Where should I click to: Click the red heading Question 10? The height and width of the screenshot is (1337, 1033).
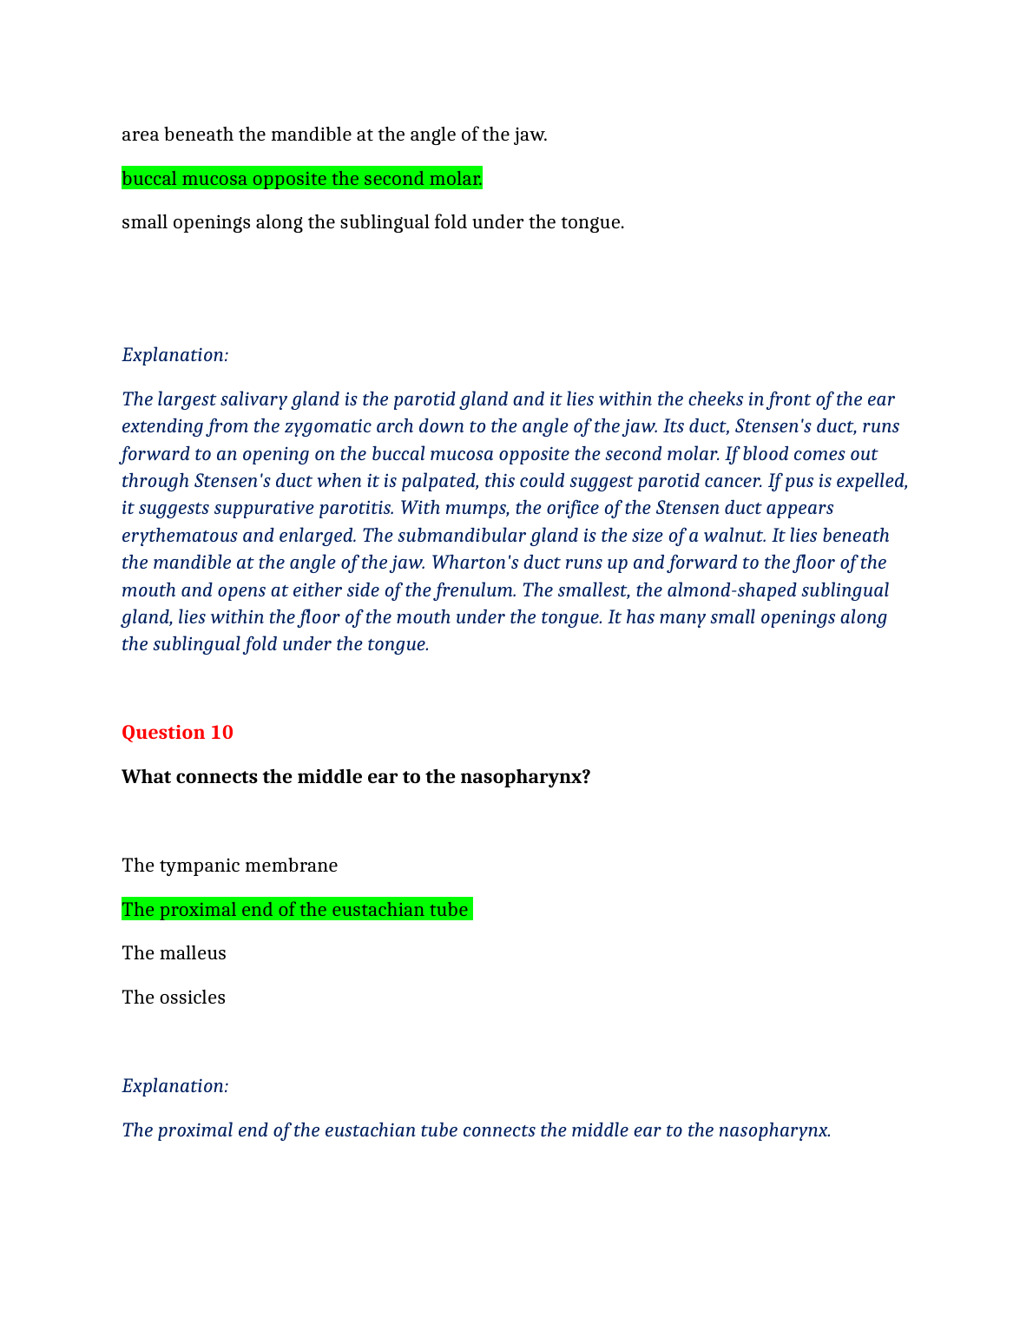[177, 733]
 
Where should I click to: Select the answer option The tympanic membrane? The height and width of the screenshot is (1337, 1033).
[229, 866]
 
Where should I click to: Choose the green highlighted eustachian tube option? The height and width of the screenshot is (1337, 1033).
[296, 910]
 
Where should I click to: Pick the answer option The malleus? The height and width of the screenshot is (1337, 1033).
[174, 953]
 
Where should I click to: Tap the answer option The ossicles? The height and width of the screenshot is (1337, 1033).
[173, 998]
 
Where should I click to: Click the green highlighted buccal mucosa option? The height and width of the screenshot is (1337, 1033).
[301, 179]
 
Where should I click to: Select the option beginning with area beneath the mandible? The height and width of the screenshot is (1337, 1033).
[334, 135]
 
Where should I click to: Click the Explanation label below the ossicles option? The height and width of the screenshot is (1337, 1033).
[175, 1086]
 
